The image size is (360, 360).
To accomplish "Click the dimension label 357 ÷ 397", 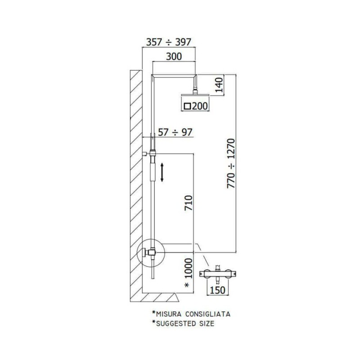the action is click(169, 42).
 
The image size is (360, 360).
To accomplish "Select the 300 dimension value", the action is click(174, 56).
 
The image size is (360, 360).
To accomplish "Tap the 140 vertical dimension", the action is click(219, 85).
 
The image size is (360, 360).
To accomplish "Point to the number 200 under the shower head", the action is click(200, 106).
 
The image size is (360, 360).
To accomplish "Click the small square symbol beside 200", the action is click(188, 106).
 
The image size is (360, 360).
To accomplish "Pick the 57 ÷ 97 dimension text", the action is click(175, 132).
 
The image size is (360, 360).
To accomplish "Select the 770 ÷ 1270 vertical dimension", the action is click(231, 163).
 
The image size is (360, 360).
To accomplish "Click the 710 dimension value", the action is click(189, 203).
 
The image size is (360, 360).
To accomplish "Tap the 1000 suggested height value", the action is click(189, 268).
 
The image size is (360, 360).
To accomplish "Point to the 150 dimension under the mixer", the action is click(218, 290).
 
